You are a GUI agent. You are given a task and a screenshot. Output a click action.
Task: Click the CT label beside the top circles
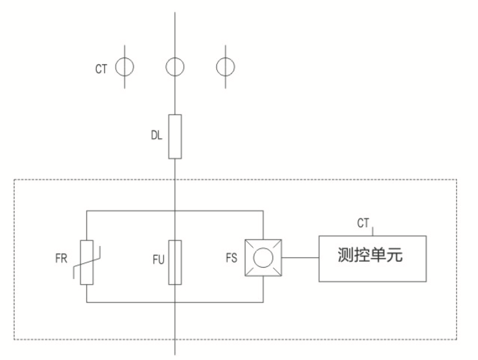point(101,69)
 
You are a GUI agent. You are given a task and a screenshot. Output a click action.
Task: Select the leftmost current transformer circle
point(116,67)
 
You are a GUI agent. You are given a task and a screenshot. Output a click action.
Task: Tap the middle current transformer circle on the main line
point(166,67)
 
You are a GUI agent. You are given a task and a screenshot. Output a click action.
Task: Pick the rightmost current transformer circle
point(216,67)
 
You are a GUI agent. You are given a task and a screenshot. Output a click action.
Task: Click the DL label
point(156,135)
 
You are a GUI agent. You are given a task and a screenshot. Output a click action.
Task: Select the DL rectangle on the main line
point(169,137)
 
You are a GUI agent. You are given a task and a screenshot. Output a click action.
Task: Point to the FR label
point(61,259)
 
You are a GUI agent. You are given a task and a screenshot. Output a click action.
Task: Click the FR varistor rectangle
point(81,262)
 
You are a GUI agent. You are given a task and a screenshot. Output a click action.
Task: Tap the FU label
point(158,260)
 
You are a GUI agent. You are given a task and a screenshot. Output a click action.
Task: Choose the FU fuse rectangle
point(169,262)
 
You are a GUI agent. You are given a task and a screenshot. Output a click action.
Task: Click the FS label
point(231,258)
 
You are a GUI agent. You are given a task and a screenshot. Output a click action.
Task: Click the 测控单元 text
point(370,255)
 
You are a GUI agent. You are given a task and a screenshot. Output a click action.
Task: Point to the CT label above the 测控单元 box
point(363,223)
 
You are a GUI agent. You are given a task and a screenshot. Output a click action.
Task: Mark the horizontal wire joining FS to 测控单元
point(300,257)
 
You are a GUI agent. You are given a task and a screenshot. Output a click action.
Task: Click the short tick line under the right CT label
point(373,231)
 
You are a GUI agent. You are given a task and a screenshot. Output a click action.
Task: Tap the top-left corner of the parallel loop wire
point(86,211)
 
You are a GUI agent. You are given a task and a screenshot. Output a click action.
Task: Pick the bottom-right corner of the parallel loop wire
point(263,302)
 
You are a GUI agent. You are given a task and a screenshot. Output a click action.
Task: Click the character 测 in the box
point(346,255)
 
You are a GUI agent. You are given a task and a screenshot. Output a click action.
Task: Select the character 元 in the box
point(395,255)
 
